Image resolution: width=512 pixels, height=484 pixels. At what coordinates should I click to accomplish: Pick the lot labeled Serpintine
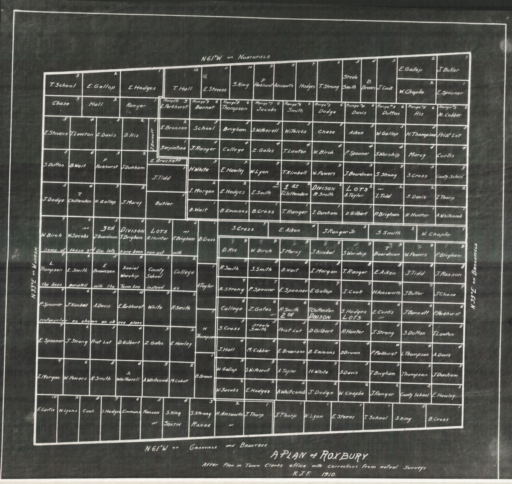click(173, 148)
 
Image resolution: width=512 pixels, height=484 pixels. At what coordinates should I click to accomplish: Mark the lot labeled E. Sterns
click(343, 416)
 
